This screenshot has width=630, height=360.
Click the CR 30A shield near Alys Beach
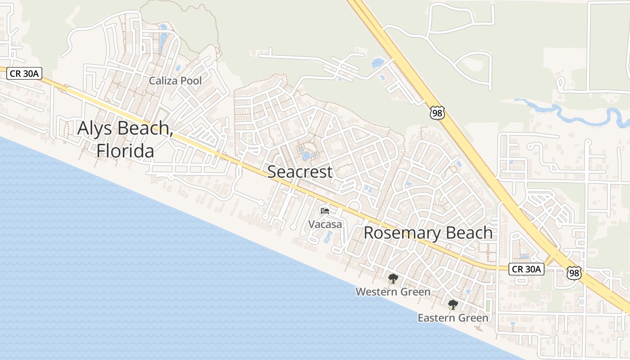tap(24, 74)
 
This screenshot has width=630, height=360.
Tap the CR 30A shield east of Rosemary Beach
tap(526, 269)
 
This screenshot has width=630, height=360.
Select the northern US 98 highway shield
tap(437, 112)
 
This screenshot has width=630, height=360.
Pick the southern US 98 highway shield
tap(574, 273)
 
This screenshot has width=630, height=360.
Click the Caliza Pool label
tap(175, 81)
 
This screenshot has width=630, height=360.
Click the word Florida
tap(125, 151)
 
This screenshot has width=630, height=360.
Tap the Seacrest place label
tap(300, 171)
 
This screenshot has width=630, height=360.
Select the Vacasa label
tap(325, 224)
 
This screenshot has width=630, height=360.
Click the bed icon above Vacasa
tap(325, 211)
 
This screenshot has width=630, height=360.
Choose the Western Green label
tap(393, 292)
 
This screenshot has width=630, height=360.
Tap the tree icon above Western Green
tap(393, 279)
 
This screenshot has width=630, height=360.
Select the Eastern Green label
tap(453, 318)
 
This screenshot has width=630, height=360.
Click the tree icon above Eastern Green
tap(453, 305)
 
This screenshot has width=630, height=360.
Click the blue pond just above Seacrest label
tap(308, 156)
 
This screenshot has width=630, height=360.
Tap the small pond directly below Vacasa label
tap(327, 237)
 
